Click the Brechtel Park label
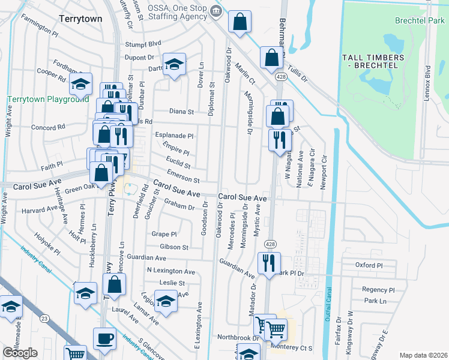419,20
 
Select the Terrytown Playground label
48,99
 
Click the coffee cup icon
104,338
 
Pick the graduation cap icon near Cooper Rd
80,85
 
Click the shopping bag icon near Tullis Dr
271,58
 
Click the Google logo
20,353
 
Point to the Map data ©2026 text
423,355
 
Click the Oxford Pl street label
369,265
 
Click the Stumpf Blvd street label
143,44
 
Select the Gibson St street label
174,247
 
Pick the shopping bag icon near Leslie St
117,284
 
